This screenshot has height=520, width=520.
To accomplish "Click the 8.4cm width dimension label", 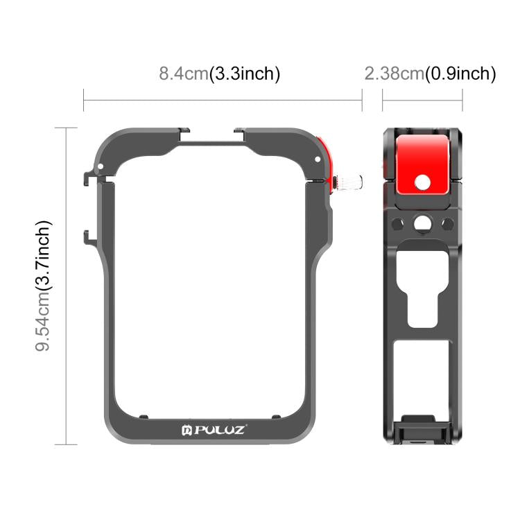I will [219, 73].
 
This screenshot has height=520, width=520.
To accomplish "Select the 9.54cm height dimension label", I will [45, 286].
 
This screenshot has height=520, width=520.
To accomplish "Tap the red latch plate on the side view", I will [422, 161].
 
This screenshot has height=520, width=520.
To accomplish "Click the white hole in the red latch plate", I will [422, 181].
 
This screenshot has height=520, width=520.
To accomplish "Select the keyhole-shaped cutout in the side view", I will [422, 291].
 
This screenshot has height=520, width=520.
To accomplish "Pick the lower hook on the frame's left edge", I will [87, 236].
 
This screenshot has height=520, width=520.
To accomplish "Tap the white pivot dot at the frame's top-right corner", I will [317, 159].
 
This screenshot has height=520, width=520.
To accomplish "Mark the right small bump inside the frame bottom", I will [276, 417].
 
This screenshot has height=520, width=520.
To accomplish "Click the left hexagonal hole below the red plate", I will [397, 223].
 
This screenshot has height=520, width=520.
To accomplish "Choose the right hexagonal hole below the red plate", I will [447, 223].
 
